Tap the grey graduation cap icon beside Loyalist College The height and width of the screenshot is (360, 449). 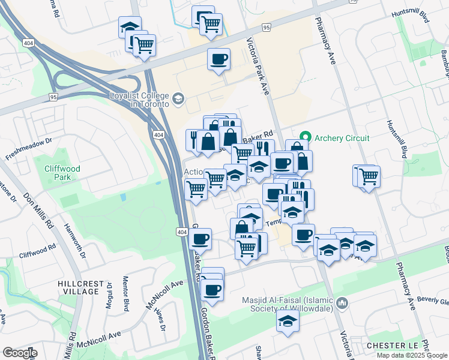(178, 98)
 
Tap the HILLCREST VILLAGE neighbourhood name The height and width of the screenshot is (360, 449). (79, 287)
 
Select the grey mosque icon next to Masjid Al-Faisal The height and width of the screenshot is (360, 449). (343, 303)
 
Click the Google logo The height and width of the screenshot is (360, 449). (19, 352)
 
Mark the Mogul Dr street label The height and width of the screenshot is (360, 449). (110, 293)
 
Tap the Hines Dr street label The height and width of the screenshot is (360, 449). (159, 317)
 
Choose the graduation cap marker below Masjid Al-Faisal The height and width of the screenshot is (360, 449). (288, 321)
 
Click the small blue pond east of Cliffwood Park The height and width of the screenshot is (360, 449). (123, 197)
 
